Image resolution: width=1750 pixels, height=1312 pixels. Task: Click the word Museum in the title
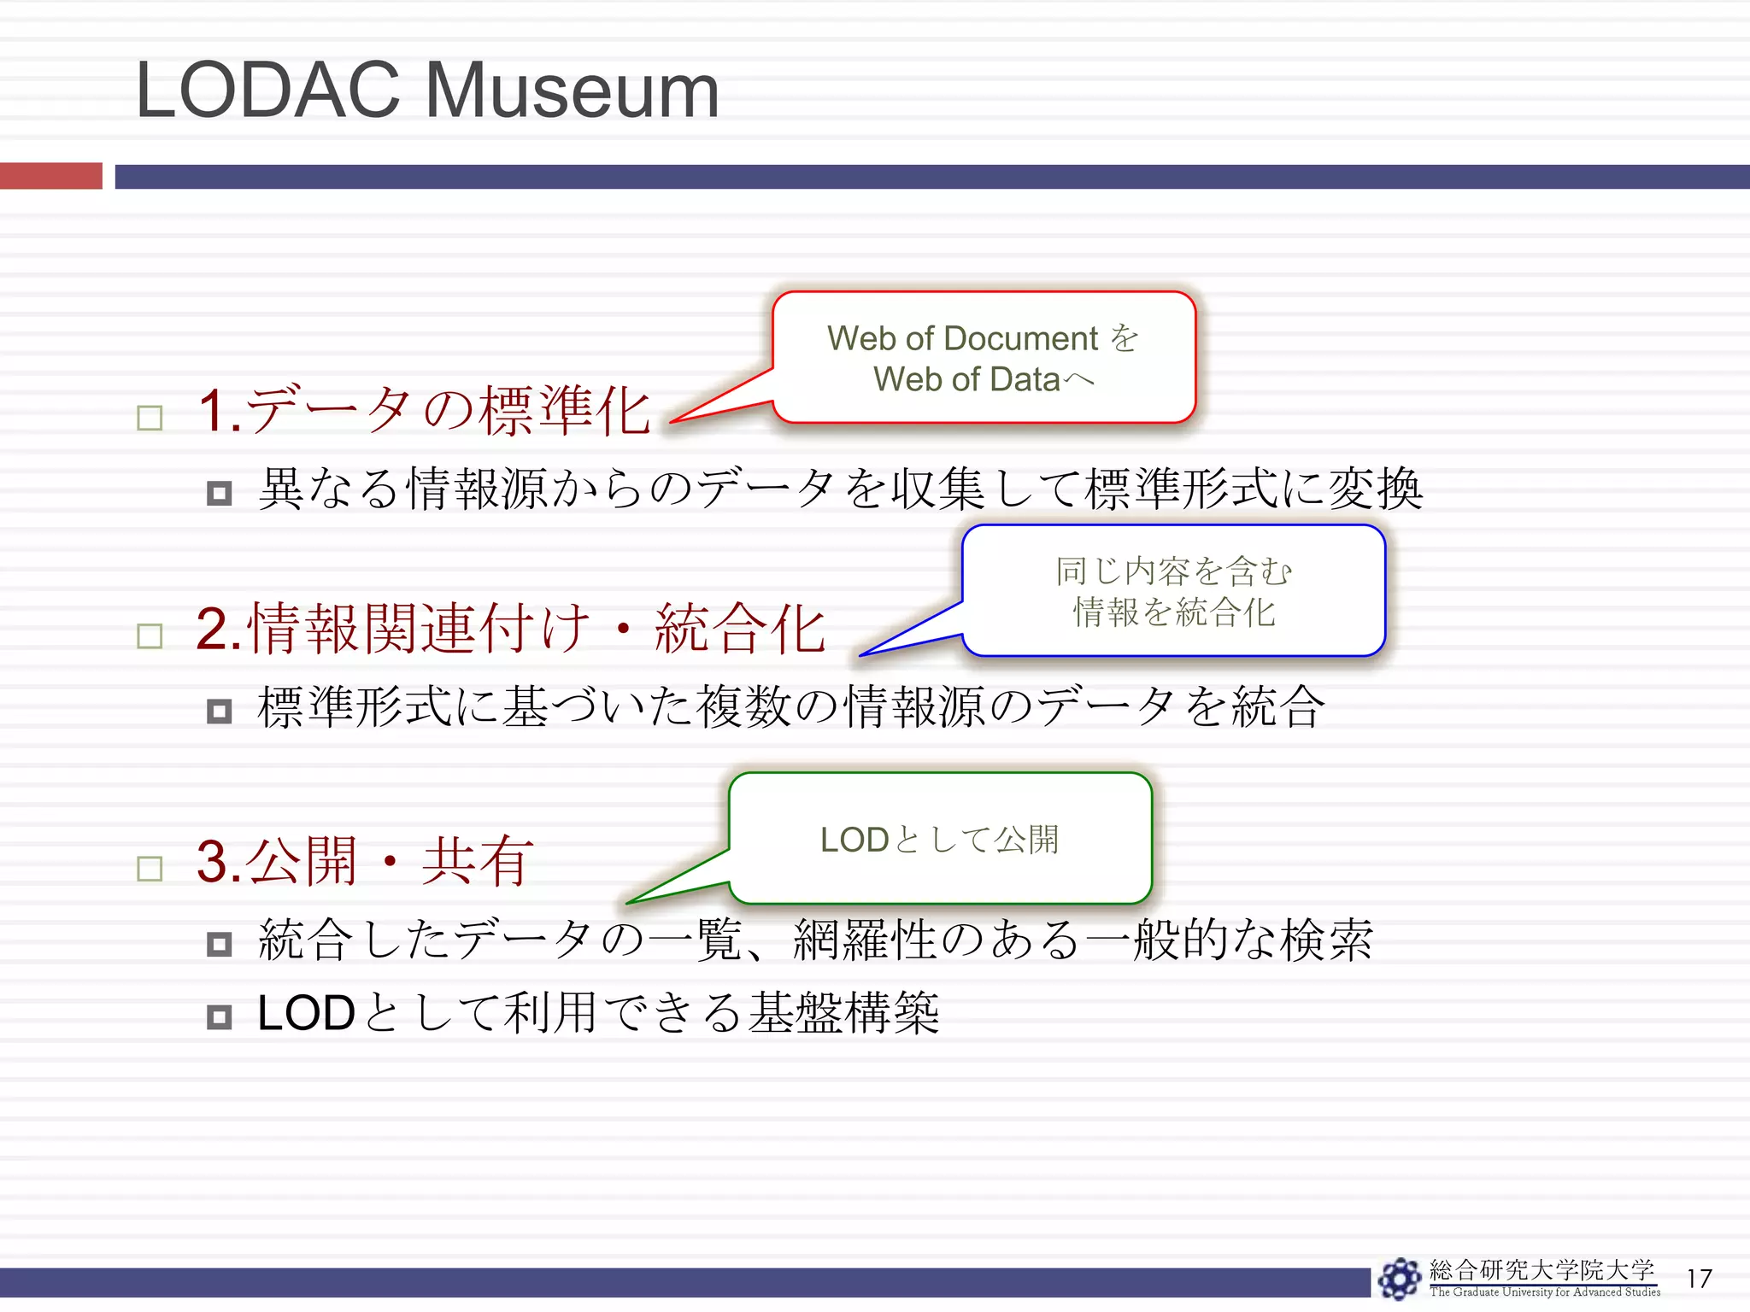tap(571, 91)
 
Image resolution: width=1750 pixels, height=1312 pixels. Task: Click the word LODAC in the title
tap(267, 91)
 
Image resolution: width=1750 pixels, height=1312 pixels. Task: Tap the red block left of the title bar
tap(50, 176)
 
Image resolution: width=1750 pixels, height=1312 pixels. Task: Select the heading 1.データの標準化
tap(424, 411)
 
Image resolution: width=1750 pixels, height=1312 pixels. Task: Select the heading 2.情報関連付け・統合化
tap(510, 629)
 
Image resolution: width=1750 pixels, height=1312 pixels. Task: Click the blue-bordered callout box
tap(1173, 591)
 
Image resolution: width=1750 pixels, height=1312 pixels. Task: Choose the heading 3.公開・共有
tap(365, 861)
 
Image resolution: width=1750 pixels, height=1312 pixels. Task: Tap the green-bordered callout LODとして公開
tap(940, 839)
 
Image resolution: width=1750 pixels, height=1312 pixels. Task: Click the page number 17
tap(1699, 1279)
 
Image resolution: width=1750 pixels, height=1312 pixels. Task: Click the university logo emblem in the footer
tap(1400, 1279)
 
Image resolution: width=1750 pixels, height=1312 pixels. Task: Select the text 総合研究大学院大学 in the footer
tap(1542, 1270)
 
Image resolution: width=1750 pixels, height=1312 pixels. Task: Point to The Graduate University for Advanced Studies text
tap(1545, 1292)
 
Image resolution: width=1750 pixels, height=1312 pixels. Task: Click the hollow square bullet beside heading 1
tap(150, 419)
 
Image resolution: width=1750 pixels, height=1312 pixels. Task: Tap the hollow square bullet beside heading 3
tap(150, 869)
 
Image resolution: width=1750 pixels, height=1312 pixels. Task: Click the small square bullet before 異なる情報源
tap(220, 493)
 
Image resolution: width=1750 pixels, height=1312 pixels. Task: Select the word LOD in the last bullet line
tap(306, 1014)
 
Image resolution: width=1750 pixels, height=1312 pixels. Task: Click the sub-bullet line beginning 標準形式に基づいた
tap(790, 707)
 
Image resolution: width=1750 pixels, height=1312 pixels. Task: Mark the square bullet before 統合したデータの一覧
tap(220, 944)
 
